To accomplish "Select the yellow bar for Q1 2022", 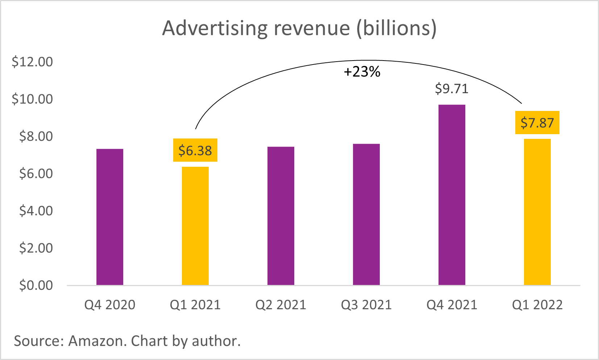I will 537,212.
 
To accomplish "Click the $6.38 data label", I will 195,150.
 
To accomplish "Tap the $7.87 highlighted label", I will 537,123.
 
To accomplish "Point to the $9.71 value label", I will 452,89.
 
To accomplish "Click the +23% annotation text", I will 362,72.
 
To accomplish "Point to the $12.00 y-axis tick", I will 32,62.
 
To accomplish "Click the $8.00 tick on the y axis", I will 36,136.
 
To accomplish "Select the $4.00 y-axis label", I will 36,211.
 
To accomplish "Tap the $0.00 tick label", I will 36,285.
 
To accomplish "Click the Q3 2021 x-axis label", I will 366,305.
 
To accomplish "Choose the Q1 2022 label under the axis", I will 537,305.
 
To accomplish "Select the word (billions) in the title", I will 396,28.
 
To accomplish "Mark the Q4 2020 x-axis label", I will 110,305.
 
